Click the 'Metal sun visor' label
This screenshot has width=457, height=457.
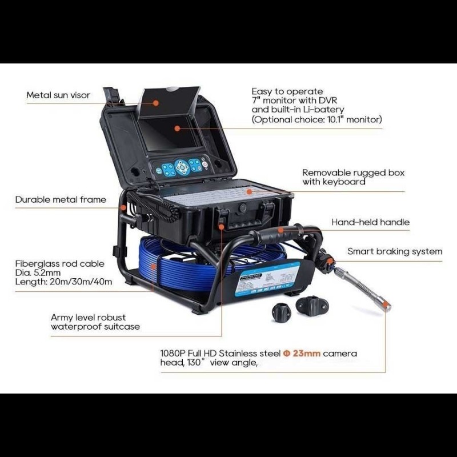coord(58,95)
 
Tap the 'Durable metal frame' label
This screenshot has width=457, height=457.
coord(61,199)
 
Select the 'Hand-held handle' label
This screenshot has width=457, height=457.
coord(370,222)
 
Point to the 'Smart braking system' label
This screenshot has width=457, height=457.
coord(395,251)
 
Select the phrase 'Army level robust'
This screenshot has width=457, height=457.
coord(88,317)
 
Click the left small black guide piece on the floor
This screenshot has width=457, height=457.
coord(281,312)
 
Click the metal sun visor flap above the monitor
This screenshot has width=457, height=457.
coord(169,102)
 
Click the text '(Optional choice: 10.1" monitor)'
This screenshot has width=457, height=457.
coord(317,119)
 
